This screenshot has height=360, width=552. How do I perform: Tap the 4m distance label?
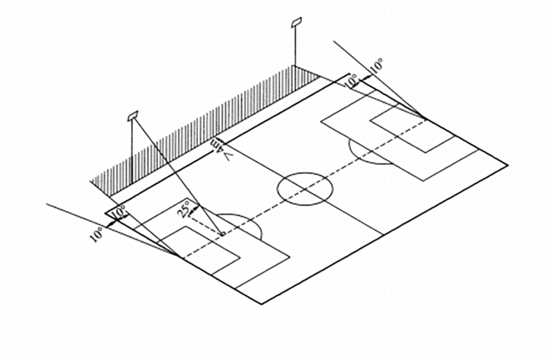219,146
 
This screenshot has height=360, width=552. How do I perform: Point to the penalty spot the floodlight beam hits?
221,235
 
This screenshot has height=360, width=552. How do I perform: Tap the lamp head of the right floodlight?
297,23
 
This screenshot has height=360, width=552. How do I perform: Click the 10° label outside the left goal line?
97,233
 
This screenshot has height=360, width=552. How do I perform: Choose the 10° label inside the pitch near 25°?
119,213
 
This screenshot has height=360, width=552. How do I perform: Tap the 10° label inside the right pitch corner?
351,81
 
